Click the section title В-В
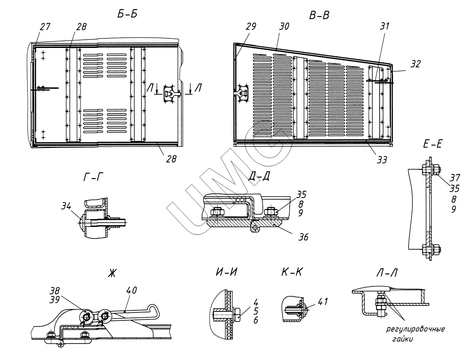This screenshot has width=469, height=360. (x=319, y=15)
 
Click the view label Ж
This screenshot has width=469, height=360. (x=111, y=274)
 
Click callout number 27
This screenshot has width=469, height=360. (x=45, y=27)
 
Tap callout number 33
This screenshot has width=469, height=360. (x=382, y=159)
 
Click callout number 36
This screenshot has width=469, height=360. (x=303, y=237)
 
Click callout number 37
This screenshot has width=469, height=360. (x=455, y=177)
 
